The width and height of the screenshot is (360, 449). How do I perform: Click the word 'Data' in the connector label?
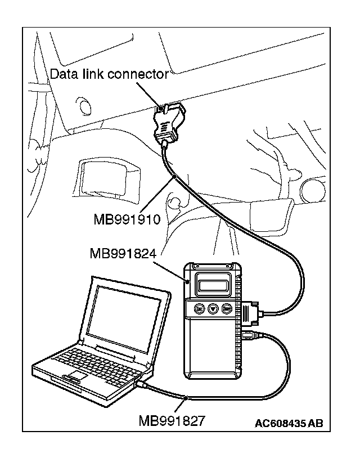(62, 74)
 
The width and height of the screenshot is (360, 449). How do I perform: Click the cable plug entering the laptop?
(142, 385)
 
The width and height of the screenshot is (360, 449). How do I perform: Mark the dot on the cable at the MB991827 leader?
(186, 398)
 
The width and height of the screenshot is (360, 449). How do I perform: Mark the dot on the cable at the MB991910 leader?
(176, 177)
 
